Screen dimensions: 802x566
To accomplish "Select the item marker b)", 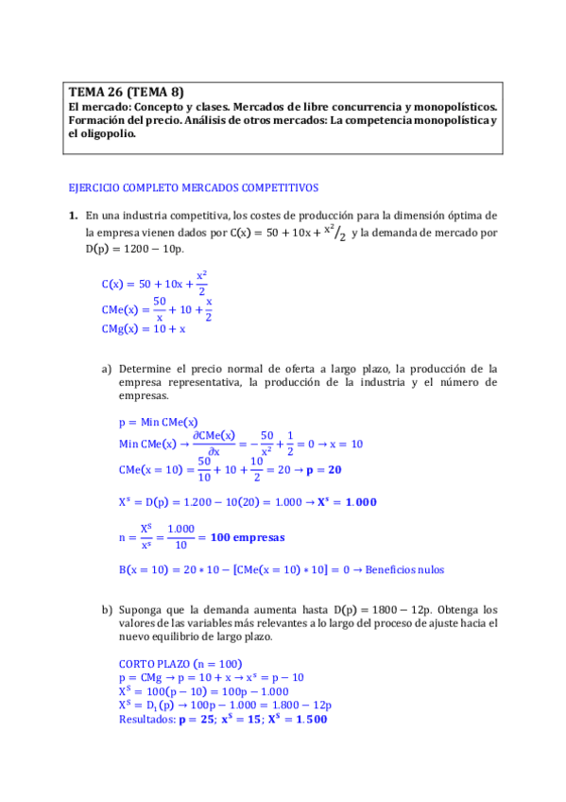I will tap(107, 610).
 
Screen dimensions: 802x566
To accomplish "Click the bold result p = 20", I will tap(322, 469).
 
